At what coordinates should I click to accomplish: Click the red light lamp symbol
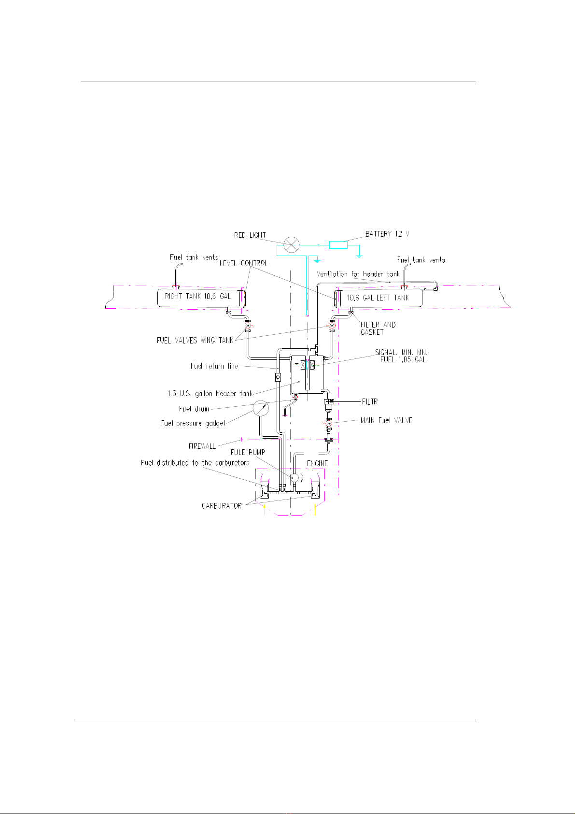point(291,244)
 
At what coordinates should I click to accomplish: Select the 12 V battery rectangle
point(338,245)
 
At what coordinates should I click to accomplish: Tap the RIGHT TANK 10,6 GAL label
point(197,296)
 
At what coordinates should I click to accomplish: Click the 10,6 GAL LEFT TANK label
point(378,298)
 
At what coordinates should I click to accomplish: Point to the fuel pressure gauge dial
point(260,408)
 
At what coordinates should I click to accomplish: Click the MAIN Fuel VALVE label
point(386,420)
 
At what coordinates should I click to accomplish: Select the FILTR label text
point(370,401)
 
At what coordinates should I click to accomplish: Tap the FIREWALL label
point(202,446)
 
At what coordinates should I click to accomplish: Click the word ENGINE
point(317,463)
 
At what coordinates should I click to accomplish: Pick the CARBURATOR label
point(222,505)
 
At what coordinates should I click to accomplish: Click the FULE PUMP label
point(248,452)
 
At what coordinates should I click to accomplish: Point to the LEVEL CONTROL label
point(243,263)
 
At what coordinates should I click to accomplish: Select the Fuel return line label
point(214,366)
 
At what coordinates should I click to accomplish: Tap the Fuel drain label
point(194,409)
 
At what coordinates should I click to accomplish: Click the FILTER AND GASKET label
point(378,328)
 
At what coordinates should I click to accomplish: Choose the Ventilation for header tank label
point(358,274)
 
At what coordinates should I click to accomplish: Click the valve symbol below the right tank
point(248,326)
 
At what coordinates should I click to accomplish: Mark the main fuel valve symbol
point(329,423)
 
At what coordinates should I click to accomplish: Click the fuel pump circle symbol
point(295,477)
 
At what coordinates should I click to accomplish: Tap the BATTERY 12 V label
point(387,234)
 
